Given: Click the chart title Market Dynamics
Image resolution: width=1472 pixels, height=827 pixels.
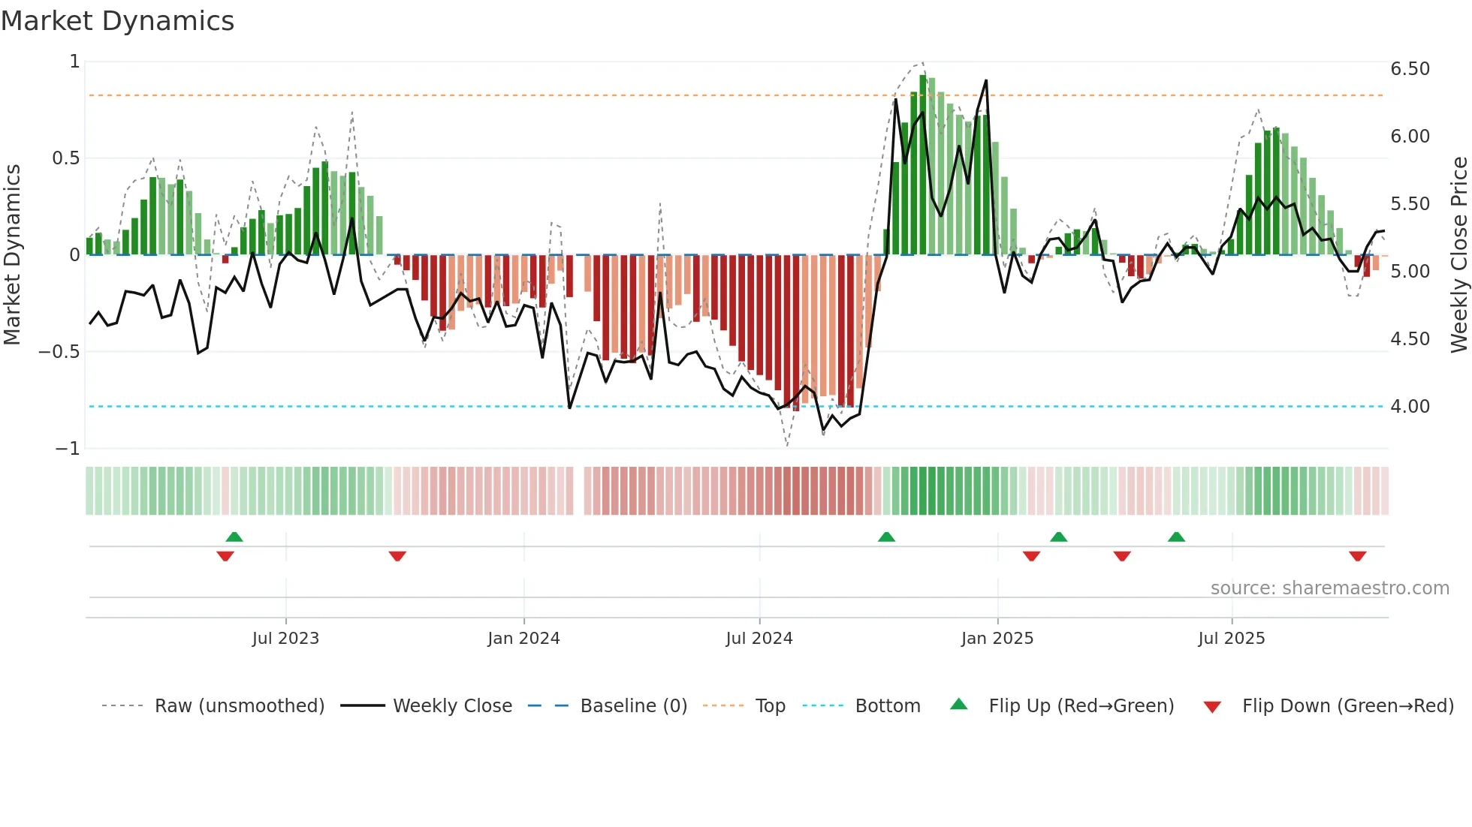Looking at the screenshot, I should [117, 21].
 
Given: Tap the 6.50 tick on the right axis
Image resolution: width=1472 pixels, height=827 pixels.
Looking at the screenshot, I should [1410, 69].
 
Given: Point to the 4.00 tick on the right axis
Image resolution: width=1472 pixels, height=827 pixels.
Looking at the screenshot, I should [1410, 407].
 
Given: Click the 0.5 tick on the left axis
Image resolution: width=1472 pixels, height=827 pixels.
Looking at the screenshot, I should [65, 158].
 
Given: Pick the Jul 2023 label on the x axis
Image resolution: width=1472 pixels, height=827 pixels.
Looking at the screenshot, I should [285, 639].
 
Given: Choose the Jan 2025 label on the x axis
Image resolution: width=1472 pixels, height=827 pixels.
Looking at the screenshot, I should [997, 639].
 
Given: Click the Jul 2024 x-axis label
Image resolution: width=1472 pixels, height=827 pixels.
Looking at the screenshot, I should [759, 639].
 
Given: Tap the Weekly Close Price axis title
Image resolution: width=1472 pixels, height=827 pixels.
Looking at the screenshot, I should [1458, 255].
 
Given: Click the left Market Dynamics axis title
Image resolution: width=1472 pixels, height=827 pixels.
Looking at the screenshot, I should [12, 255].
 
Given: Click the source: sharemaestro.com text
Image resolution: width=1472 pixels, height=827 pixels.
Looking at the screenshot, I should [1329, 588].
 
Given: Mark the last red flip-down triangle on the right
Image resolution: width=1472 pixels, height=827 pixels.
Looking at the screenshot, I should [1357, 556].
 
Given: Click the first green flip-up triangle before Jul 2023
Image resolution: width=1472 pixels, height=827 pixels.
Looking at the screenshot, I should [234, 537].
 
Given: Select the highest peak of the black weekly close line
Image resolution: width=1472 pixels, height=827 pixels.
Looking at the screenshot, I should [986, 81].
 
